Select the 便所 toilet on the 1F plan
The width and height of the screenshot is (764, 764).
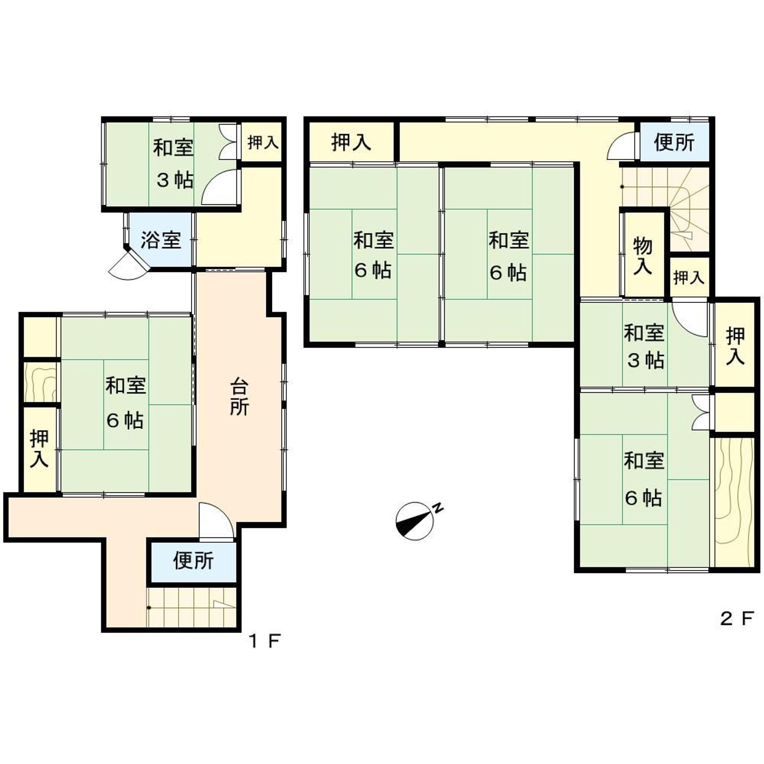pyautogui.click(x=193, y=560)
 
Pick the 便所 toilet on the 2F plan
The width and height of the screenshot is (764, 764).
pyautogui.click(x=674, y=143)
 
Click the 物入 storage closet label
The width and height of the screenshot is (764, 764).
pyautogui.click(x=643, y=256)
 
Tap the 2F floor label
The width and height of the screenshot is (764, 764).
pyautogui.click(x=737, y=630)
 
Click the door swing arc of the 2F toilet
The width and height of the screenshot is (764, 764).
pyautogui.click(x=621, y=146)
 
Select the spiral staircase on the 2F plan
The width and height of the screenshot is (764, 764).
pyautogui.click(x=686, y=210)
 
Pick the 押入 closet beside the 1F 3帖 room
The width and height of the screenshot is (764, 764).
pyautogui.click(x=263, y=143)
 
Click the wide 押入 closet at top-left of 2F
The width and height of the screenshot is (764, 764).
pyautogui.click(x=351, y=143)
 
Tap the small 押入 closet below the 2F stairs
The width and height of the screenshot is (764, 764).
pyautogui.click(x=689, y=278)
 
